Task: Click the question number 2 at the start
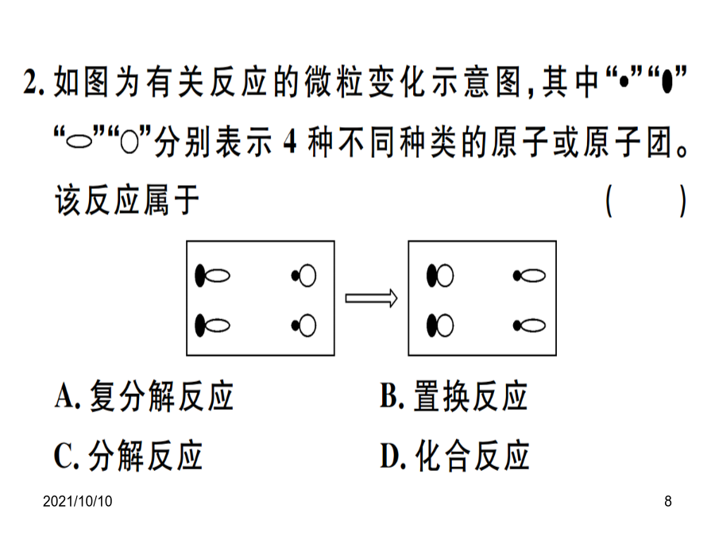pos(31,83)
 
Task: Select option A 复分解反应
pos(144,395)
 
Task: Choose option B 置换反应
pos(454,395)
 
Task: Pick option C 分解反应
pos(128,455)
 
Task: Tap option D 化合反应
pos(454,455)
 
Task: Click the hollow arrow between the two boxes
pos(371,298)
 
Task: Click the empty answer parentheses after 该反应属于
pos(646,201)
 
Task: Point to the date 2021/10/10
pos(78,501)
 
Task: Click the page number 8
pos(667,501)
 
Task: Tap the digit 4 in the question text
pos(290,142)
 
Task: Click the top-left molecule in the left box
pos(212,276)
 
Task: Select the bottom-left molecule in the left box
pos(212,326)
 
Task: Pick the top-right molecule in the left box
pos(303,276)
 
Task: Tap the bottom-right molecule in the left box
pos(303,326)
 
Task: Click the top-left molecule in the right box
pos(440,276)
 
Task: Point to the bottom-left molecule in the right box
pos(440,326)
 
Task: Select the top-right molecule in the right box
pos(529,276)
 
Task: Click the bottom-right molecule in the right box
pos(529,326)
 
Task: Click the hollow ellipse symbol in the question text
pos(79,142)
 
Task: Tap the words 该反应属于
pos(127,201)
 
